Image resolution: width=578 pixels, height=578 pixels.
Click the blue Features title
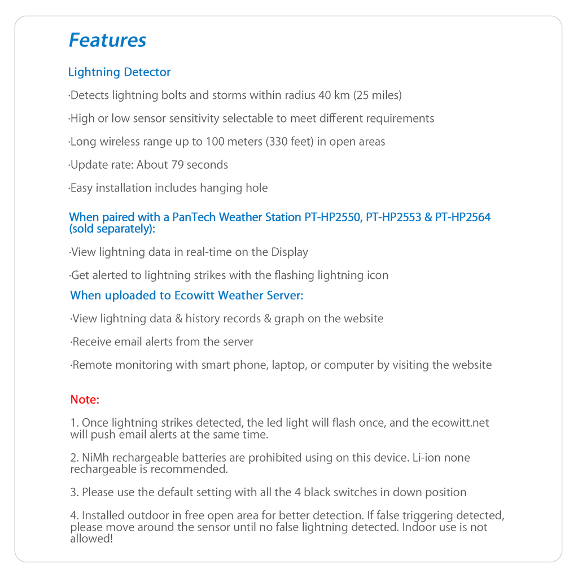click(107, 40)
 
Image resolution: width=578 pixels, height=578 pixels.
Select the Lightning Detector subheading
click(119, 72)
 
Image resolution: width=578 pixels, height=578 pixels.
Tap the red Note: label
click(85, 400)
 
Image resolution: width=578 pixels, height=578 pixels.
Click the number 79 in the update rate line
click(177, 165)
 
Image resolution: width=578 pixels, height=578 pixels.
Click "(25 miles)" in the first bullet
click(378, 95)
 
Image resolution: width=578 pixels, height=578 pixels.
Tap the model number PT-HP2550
click(333, 217)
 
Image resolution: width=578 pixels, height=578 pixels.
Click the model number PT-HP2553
click(393, 217)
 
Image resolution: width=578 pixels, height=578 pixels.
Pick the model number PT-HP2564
click(463, 217)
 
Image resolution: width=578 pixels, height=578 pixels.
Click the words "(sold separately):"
click(112, 229)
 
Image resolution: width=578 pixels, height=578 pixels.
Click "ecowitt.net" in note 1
click(461, 423)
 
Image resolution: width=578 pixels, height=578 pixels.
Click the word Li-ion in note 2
click(427, 458)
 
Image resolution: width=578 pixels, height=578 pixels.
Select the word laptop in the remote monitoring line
click(288, 365)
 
